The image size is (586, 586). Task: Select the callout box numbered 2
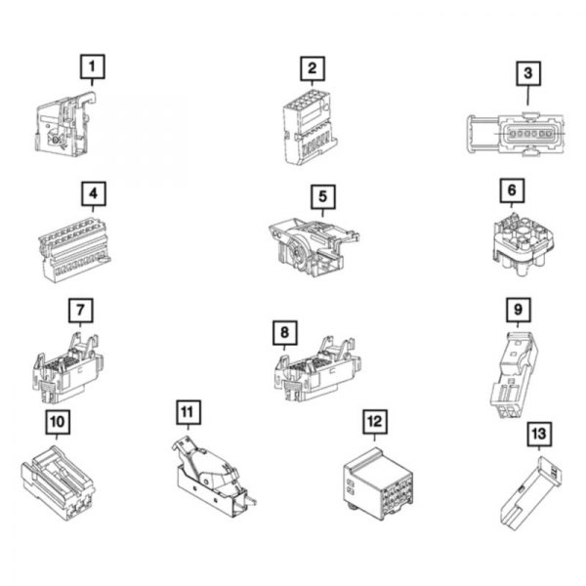pos(312,67)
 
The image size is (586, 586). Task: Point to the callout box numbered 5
pos(322,196)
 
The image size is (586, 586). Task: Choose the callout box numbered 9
pos(519,311)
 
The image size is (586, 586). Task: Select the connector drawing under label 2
pos(306,127)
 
